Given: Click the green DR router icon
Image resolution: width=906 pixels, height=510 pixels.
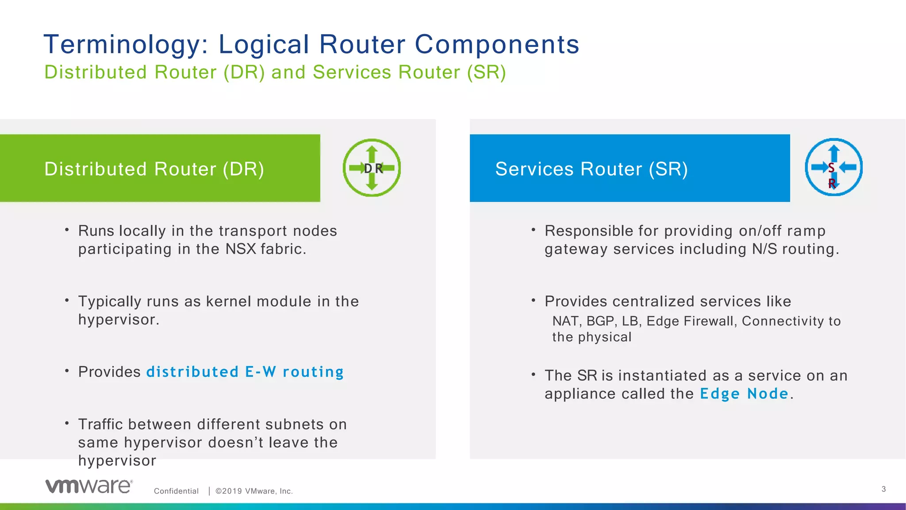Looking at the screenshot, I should point(372,168).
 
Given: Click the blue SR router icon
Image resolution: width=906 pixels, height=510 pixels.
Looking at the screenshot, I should point(833,167).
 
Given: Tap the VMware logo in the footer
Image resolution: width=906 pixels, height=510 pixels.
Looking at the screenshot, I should point(88,486).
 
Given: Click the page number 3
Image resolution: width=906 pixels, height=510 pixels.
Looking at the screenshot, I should point(883,489).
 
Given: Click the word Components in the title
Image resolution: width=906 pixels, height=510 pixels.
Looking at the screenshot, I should point(497,45).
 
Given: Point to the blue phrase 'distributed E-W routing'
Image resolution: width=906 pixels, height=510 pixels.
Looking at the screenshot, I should point(245,372).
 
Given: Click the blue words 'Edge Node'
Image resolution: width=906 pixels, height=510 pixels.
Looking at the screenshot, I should point(744,394).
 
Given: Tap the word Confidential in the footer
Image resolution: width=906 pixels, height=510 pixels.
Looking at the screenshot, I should point(176,491).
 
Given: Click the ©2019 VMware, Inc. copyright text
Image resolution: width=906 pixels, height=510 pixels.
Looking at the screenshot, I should point(254,491).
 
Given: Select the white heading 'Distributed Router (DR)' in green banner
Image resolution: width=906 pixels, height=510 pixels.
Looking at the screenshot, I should point(154,169).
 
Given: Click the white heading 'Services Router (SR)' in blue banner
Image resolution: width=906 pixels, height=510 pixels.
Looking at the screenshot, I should point(591,169).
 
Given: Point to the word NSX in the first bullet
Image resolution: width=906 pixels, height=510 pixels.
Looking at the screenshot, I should point(241,249).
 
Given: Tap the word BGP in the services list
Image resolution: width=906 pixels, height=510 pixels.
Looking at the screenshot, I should point(600,321).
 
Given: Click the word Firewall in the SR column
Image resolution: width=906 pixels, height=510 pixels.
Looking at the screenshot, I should point(710,321).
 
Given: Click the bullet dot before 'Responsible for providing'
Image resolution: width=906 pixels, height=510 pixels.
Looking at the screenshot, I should point(534,230).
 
